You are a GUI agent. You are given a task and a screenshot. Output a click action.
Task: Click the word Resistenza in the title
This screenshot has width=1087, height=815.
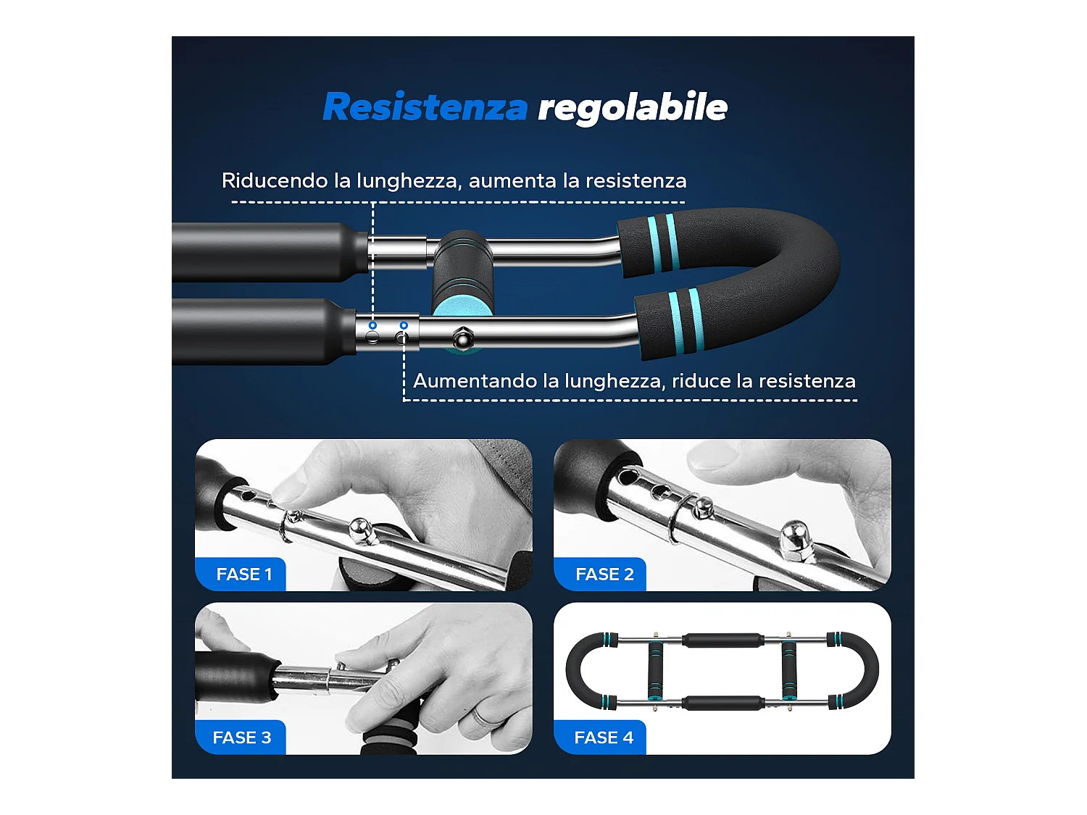(425, 107)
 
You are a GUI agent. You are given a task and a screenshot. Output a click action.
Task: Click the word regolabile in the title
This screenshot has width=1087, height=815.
(632, 107)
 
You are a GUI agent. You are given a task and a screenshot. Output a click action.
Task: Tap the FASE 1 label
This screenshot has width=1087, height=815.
(243, 574)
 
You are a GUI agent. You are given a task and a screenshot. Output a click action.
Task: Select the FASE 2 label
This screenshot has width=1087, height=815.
(604, 574)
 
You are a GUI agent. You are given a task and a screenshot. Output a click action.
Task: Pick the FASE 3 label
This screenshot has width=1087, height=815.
(241, 737)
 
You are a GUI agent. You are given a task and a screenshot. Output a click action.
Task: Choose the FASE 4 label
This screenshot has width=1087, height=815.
(603, 737)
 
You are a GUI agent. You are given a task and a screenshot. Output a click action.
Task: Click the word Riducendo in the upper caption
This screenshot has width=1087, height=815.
(275, 180)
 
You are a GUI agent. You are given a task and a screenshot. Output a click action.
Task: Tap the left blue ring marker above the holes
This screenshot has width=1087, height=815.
(372, 325)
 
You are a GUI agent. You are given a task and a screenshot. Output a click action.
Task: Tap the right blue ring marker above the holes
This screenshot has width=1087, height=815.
(404, 325)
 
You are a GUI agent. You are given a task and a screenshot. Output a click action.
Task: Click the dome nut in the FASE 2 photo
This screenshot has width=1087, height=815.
(794, 535)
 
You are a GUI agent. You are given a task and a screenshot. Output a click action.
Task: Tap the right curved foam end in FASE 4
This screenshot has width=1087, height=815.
(867, 670)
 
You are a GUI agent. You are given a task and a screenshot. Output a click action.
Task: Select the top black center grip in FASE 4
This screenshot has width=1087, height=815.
(722, 640)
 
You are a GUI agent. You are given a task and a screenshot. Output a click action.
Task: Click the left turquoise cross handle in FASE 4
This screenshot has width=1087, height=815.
(656, 670)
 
